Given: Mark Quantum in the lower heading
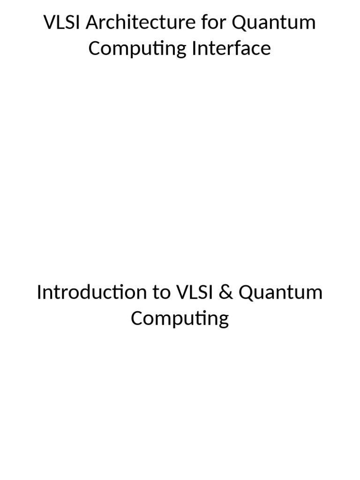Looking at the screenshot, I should click(280, 293).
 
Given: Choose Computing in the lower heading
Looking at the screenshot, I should click(180, 319).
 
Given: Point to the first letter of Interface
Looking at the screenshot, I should click(194, 48).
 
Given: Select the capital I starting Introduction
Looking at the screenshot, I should click(39, 292).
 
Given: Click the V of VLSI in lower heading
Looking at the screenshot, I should click(181, 292).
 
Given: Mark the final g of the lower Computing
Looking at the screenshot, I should click(223, 320).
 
